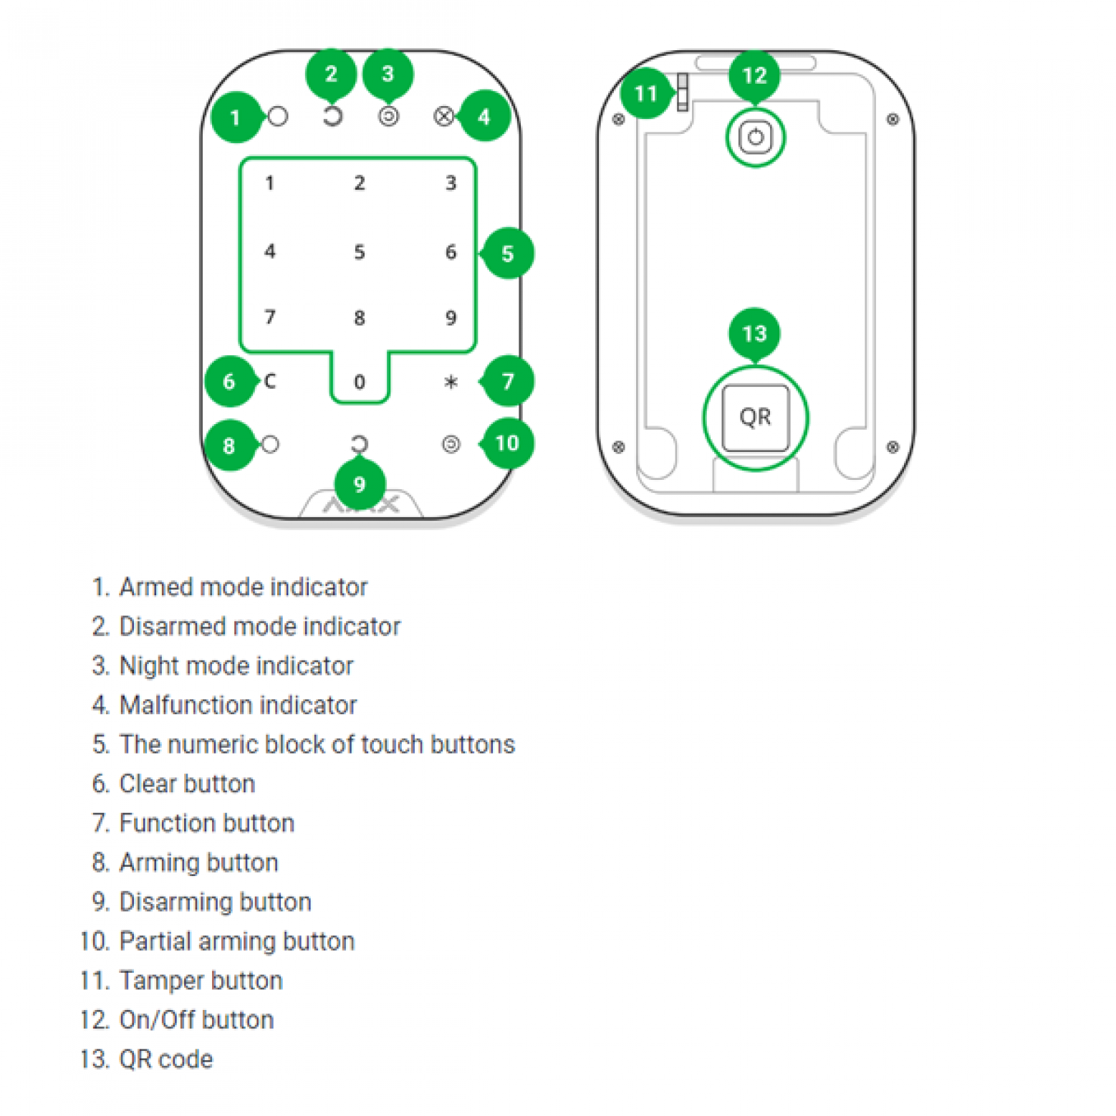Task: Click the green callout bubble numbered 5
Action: point(507,253)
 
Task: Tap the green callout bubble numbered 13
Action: point(754,333)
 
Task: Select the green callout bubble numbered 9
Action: point(360,484)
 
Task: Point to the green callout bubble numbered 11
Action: point(645,93)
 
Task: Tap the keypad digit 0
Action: point(360,382)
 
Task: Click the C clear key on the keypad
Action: point(270,381)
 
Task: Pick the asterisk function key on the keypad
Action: point(451,382)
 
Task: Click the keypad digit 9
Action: point(451,317)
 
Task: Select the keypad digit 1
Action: point(270,183)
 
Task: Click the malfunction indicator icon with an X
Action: point(444,116)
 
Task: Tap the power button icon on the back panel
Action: point(755,137)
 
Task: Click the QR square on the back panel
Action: point(755,418)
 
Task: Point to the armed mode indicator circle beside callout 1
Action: point(278,116)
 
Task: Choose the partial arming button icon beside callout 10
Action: point(451,445)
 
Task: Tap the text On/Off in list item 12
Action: point(157,1020)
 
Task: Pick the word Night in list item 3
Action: point(148,666)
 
